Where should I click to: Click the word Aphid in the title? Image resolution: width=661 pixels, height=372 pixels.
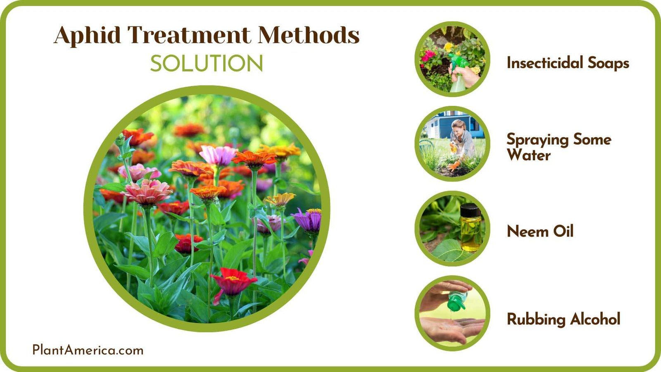coord(87,36)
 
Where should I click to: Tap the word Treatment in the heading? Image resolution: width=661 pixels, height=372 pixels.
coord(189,35)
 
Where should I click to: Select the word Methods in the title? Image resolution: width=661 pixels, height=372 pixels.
coord(309,35)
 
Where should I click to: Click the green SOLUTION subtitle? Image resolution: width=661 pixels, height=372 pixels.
coord(206,64)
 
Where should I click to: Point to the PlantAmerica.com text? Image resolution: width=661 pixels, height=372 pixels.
coord(88,350)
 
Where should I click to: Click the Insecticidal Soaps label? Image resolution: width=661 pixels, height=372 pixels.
coord(568,63)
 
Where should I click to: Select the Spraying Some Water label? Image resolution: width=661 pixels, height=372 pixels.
coord(559,147)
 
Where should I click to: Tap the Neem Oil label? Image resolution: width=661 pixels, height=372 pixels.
coord(540,231)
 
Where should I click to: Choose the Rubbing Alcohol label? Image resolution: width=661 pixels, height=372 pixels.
coord(564,319)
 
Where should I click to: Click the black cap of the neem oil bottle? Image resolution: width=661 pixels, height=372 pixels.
coord(470,210)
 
